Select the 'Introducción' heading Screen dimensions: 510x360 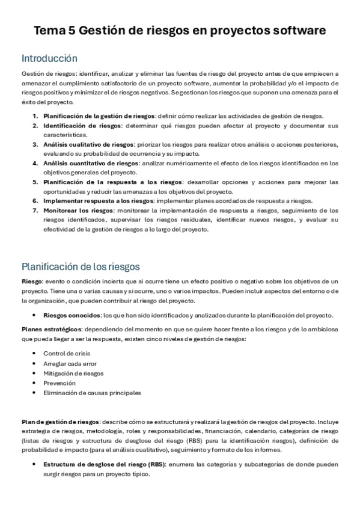[49, 58]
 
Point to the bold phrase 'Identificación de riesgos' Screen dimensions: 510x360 [82, 126]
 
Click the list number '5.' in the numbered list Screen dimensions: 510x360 [35, 182]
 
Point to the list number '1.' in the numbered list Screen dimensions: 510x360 [35, 116]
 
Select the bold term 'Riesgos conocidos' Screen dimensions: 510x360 [72, 316]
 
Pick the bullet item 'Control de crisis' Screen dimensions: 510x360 [66, 353]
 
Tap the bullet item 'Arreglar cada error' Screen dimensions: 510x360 [70, 363]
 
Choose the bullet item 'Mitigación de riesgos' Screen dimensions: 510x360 [73, 373]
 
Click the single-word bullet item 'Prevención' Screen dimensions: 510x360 [59, 382]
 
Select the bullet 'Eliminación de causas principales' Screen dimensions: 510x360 [92, 393]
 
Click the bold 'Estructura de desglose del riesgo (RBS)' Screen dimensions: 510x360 [104, 464]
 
